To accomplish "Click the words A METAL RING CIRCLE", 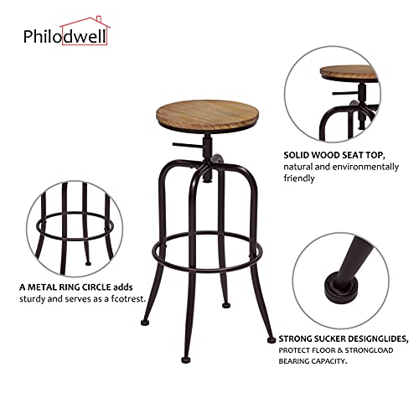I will tap(60, 286).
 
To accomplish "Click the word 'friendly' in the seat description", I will tap(299, 178).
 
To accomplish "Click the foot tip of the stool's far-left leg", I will tap(146, 320).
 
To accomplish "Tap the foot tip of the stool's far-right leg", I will tap(271, 338).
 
